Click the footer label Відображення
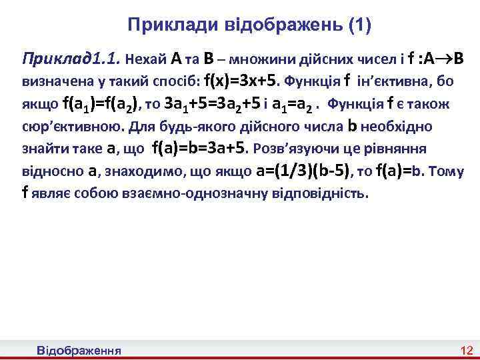[x=79, y=350]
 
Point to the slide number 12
[x=466, y=350]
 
